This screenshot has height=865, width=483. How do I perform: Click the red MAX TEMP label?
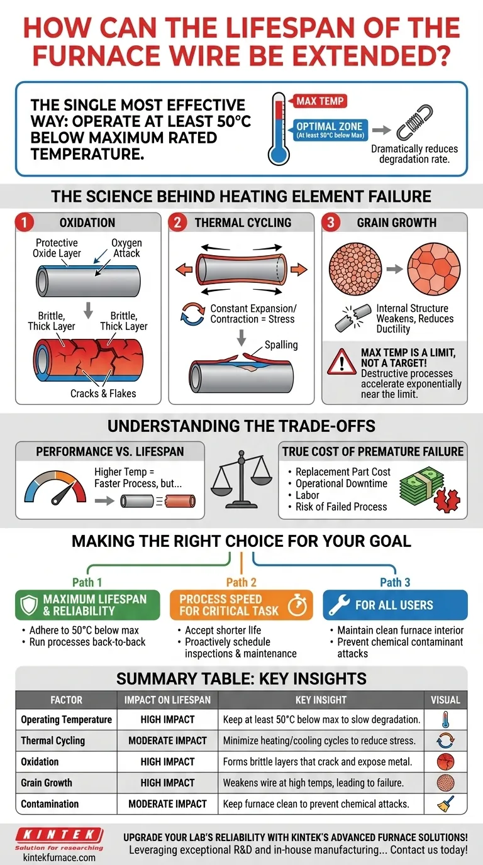coord(320,101)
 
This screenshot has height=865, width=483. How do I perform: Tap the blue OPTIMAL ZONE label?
coord(330,129)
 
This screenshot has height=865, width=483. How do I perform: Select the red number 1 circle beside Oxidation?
coord(25,223)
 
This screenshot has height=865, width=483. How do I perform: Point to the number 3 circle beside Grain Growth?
coord(331,223)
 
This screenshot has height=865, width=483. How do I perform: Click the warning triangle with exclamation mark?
coord(341,363)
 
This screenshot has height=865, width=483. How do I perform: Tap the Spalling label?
coord(281,345)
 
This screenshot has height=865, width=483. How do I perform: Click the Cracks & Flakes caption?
coord(103,394)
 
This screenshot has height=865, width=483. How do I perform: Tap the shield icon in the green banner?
coord(30,605)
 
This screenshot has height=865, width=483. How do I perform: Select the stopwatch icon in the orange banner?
coord(297,605)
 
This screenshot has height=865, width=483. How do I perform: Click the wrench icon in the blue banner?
coord(339,605)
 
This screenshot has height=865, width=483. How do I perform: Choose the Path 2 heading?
coord(241,582)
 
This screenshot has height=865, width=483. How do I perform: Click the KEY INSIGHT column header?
coord(321,700)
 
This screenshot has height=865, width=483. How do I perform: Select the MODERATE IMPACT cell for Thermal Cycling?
coord(168,741)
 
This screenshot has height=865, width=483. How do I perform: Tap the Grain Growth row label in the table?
coord(47,783)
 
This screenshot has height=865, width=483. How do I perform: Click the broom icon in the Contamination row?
coord(445,803)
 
